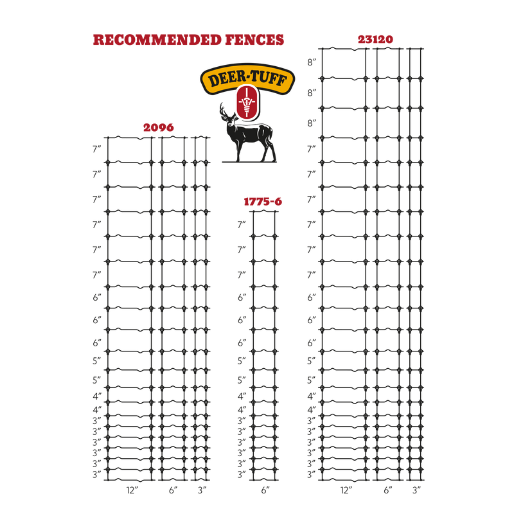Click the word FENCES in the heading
254,40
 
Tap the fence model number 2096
159,127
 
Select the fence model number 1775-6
263,202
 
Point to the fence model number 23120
375,39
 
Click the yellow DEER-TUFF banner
247,78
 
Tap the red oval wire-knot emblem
247,102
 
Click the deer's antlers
224,110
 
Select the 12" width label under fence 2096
132,490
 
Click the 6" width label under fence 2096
173,490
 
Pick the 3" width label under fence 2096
202,490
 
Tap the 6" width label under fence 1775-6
265,490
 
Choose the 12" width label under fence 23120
346,490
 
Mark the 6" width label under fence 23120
388,490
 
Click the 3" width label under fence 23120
416,490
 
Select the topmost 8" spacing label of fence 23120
312,62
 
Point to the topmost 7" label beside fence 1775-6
242,224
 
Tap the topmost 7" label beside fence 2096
97,149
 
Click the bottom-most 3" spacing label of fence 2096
97,474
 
